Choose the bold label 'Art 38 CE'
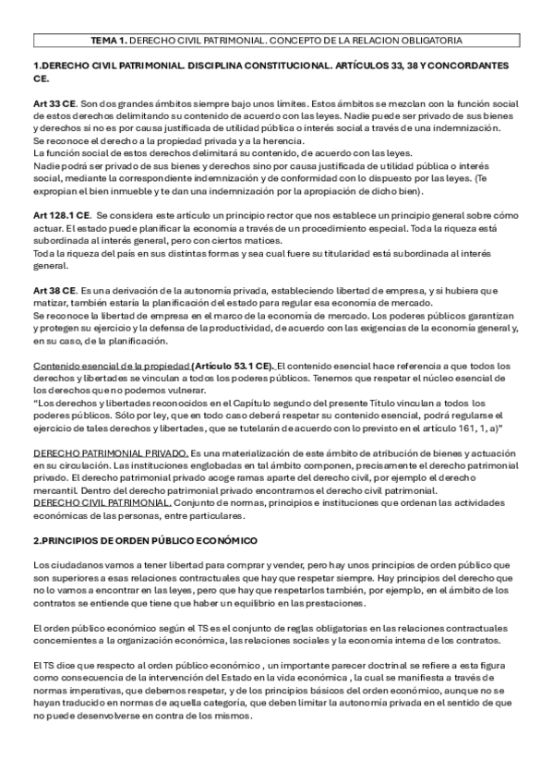[x=54, y=291]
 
